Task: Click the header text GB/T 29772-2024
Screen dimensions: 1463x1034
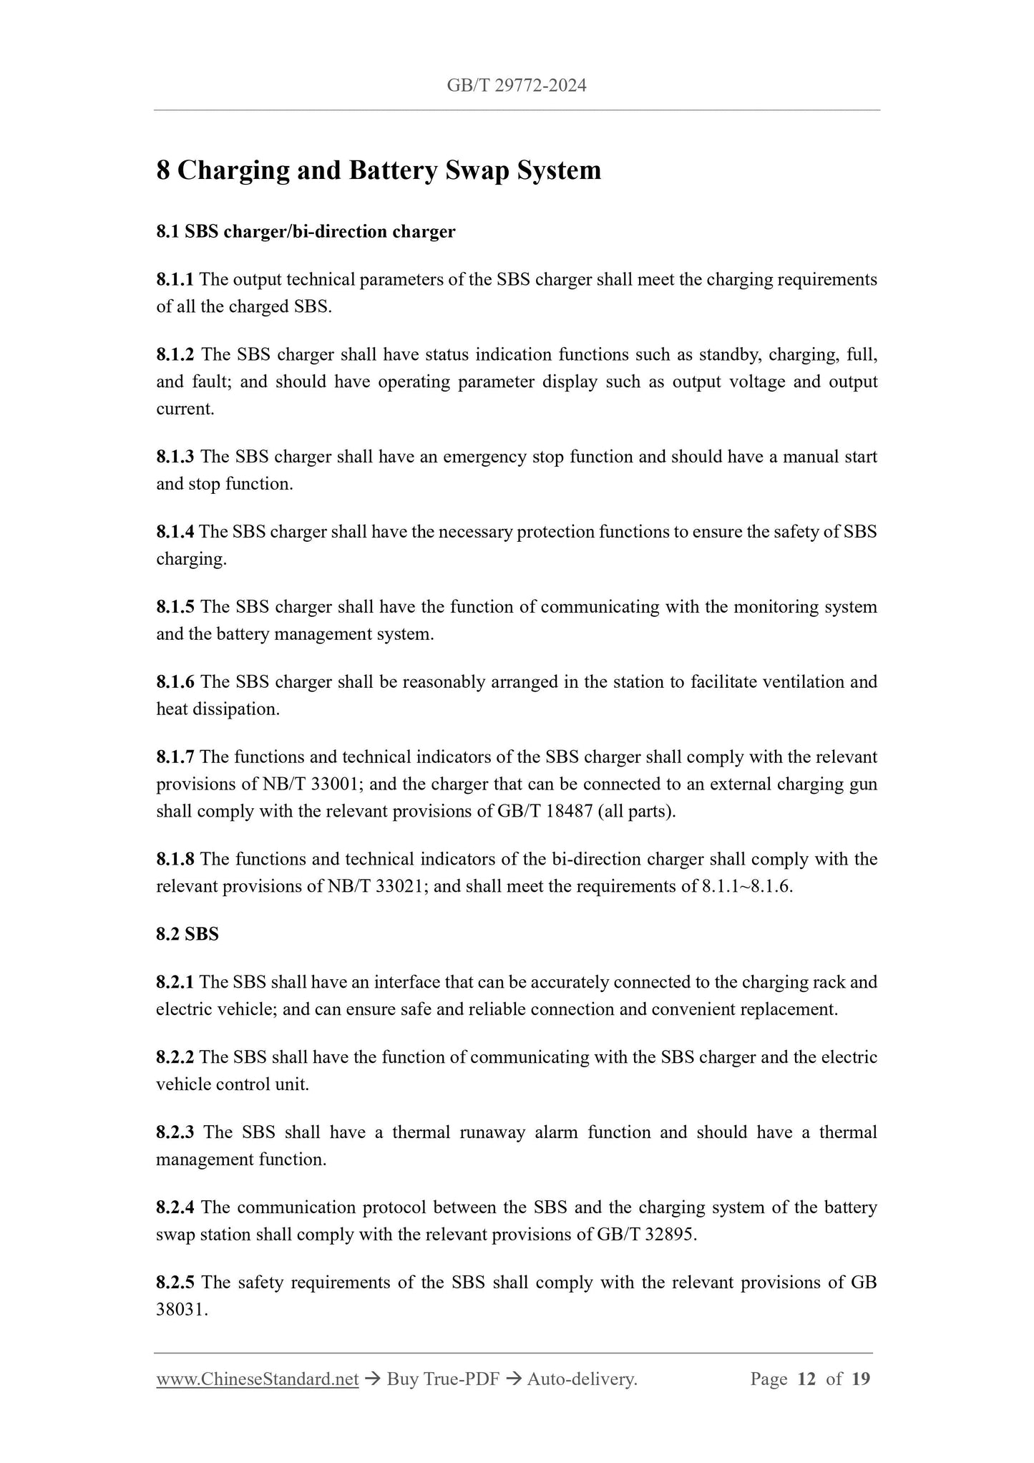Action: click(x=517, y=86)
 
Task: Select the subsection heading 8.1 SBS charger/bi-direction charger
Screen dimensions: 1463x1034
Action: click(x=306, y=232)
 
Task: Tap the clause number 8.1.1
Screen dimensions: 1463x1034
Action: click(x=175, y=279)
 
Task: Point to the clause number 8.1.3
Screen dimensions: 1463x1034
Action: click(x=175, y=457)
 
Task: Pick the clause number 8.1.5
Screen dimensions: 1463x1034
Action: click(x=175, y=607)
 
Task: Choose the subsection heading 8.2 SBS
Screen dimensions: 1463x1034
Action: click(x=187, y=935)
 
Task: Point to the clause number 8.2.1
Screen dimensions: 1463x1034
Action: click(x=175, y=982)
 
